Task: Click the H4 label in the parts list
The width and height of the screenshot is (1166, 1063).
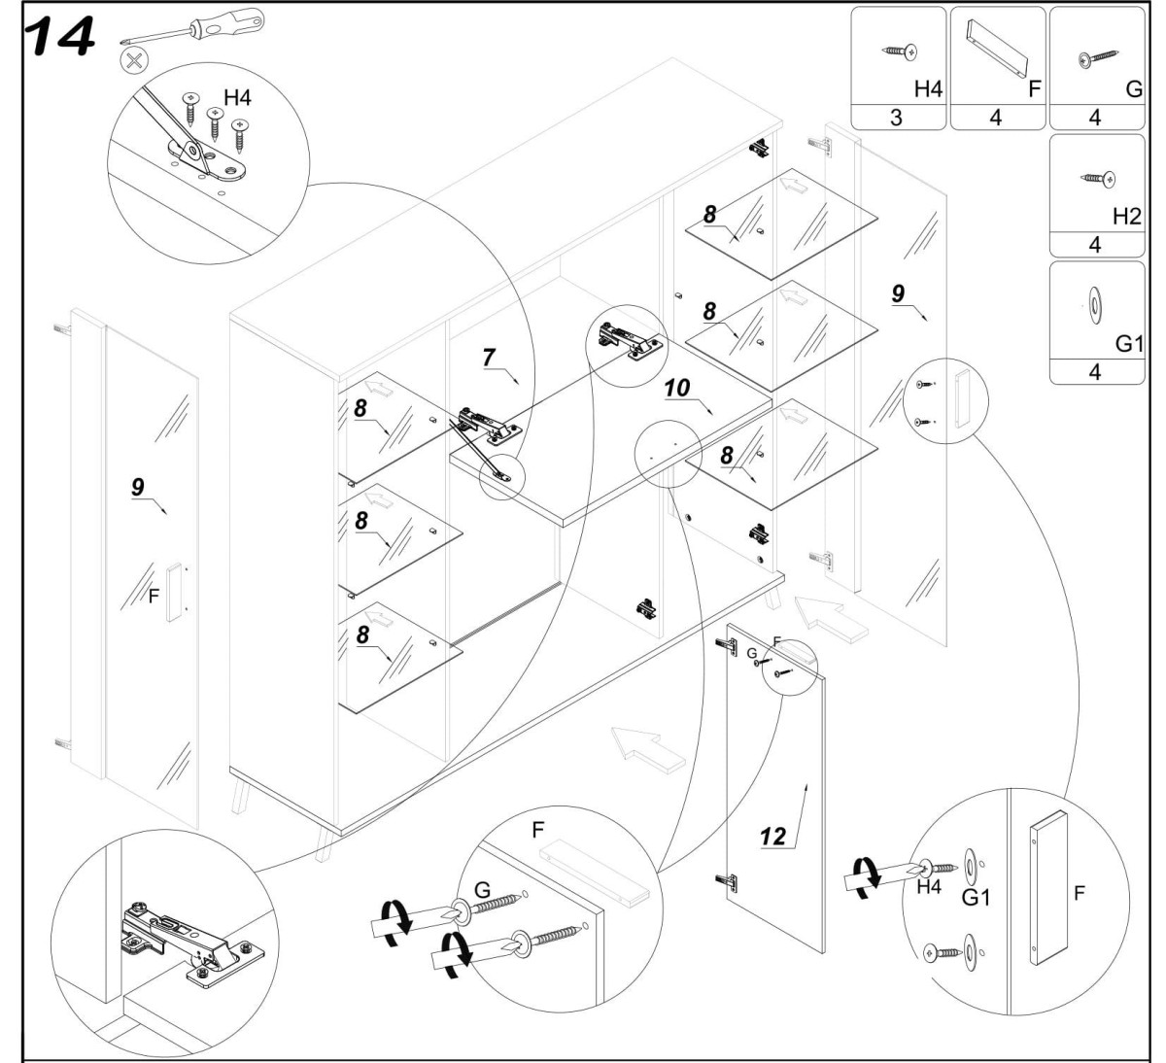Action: click(x=927, y=88)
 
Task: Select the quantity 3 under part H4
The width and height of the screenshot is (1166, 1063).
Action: click(x=897, y=118)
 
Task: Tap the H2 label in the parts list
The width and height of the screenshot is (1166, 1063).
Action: click(x=1125, y=217)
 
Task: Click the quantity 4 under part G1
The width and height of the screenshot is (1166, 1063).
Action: click(x=1095, y=372)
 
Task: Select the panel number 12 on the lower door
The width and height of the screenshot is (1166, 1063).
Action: click(x=773, y=836)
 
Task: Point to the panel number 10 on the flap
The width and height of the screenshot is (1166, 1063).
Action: click(x=677, y=388)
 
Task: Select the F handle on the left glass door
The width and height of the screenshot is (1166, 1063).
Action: click(x=173, y=591)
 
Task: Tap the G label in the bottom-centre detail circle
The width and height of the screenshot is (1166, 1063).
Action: click(x=481, y=890)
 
